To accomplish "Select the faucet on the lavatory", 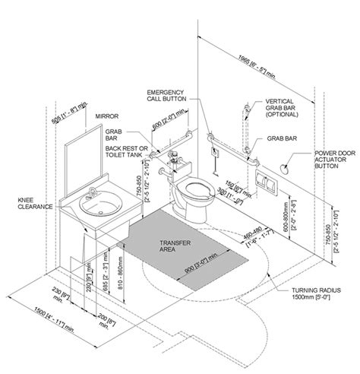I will tap(93, 192).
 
